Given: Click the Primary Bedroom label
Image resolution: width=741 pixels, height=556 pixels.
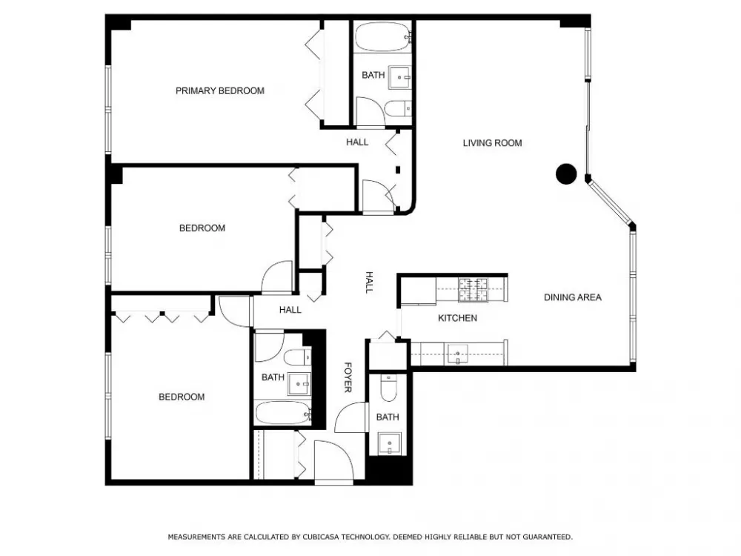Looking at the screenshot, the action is tap(220, 90).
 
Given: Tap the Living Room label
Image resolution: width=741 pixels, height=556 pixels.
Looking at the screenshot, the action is tap(493, 143).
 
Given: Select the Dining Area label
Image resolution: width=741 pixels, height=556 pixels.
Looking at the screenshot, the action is tap(573, 297).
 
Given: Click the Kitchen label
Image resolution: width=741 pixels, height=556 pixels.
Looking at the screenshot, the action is tap(457, 318).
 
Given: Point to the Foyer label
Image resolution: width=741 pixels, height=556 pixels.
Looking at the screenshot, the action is tap(348, 377).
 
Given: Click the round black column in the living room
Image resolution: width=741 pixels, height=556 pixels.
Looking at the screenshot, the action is tap(566, 174).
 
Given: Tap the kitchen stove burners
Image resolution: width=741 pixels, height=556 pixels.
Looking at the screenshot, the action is tap(473, 289).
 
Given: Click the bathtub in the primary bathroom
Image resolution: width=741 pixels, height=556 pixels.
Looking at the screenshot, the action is tap(383, 36).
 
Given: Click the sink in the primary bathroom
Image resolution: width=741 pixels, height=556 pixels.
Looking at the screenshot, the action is tap(400, 78).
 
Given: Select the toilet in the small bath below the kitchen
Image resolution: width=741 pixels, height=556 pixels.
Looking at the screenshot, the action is tap(388, 388).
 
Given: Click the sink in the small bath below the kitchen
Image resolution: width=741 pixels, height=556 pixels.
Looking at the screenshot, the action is tap(390, 444).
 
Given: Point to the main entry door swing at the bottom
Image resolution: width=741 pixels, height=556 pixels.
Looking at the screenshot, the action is tap(334, 460).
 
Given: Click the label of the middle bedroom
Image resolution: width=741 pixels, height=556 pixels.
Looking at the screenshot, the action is tap(202, 228).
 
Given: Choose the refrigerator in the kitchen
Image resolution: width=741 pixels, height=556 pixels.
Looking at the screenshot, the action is tap(418, 291).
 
